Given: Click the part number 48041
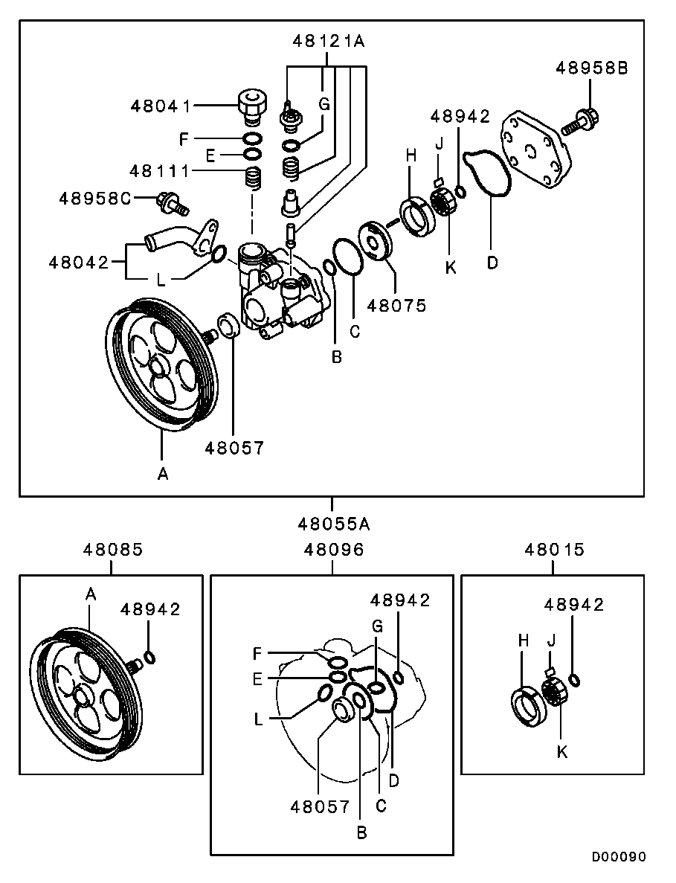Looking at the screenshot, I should tap(161, 106).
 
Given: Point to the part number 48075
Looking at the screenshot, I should tap(397, 305).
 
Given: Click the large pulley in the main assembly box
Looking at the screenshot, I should tap(160, 365).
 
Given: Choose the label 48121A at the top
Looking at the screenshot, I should tap(327, 42).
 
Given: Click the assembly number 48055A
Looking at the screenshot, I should tap(333, 524).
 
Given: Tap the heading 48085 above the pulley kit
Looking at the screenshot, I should tap(112, 550).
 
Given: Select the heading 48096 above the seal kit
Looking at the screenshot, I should tap(333, 550).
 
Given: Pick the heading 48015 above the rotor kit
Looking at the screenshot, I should tap(554, 550).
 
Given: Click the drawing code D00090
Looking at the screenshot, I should tap(619, 857).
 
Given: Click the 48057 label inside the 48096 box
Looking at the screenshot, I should tap(320, 806).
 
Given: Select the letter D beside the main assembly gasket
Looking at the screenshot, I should tap(492, 263).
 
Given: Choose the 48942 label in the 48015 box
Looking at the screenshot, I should tap(573, 605).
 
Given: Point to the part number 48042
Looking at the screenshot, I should tap(79, 262).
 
